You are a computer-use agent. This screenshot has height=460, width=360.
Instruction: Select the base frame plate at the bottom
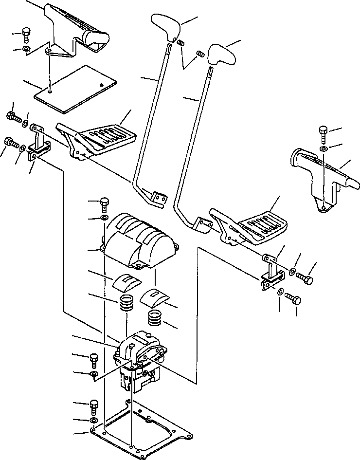pyautogui.click(x=141, y=431)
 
